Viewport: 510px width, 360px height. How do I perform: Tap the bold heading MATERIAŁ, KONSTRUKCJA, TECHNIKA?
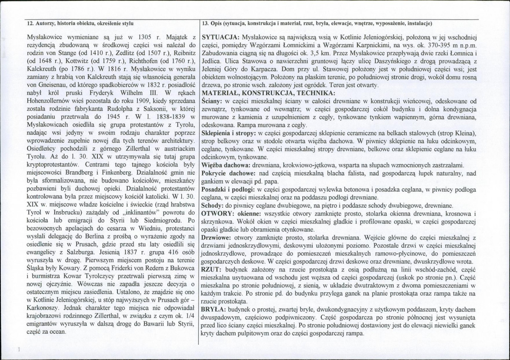coord(268,93)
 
